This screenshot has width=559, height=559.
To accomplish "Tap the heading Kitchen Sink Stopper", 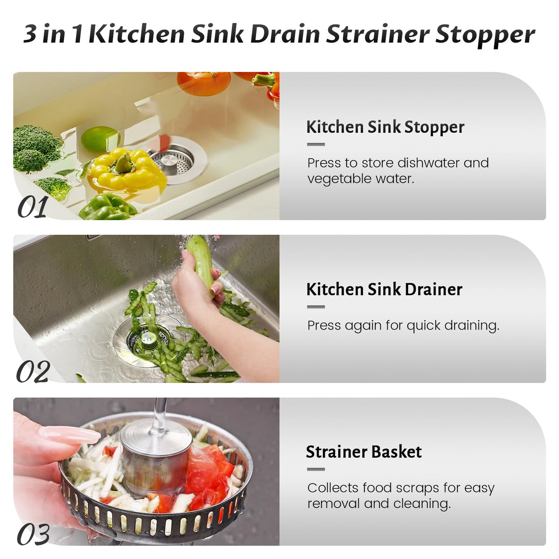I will point(385,127).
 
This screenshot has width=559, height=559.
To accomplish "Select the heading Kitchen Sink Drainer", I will point(384,290).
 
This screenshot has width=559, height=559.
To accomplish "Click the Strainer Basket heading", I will point(364,452).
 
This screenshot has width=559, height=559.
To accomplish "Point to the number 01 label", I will point(32,207).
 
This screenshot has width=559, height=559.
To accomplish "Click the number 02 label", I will point(33,372).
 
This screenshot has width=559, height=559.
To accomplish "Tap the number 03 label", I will point(33,535).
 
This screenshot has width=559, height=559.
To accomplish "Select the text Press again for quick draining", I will point(403,326).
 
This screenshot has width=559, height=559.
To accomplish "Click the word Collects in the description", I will point(333,488).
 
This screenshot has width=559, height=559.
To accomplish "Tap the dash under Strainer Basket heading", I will point(316,469).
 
